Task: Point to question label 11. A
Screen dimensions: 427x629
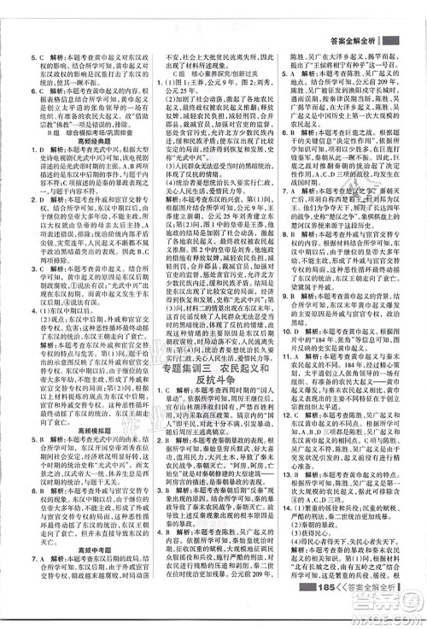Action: [x=294, y=391]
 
